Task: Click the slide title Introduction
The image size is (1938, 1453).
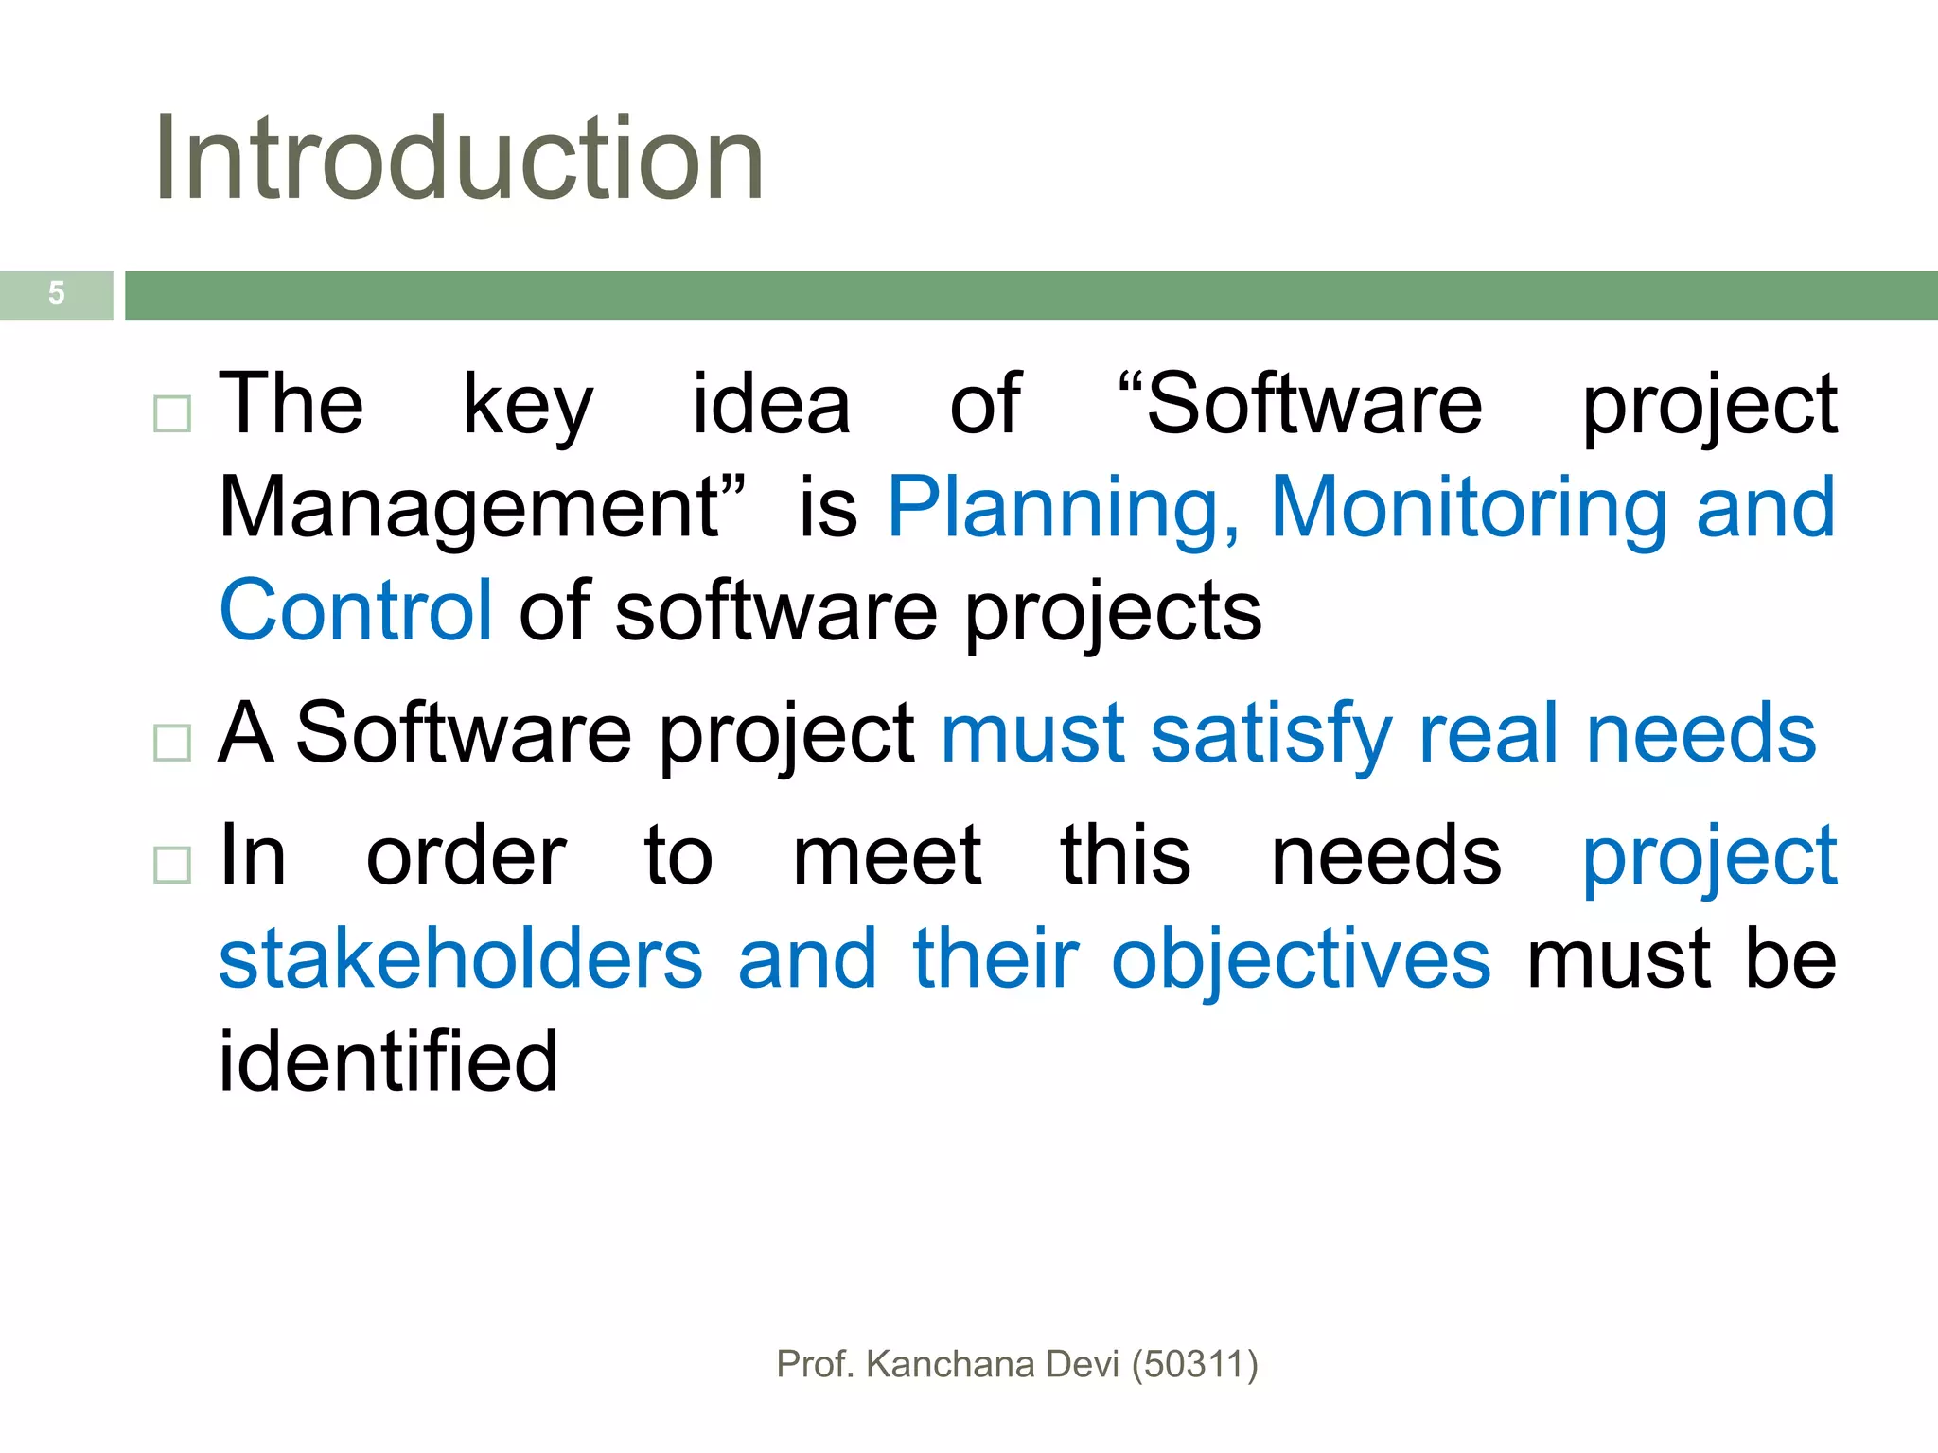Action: click(x=459, y=158)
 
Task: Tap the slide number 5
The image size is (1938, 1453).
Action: click(x=57, y=293)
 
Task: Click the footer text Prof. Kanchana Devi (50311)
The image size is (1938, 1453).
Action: click(x=1016, y=1364)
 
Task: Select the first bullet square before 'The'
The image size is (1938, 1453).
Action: click(x=172, y=413)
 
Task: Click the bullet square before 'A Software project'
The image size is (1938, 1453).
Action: click(x=172, y=743)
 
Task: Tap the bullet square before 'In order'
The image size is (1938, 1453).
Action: click(x=172, y=864)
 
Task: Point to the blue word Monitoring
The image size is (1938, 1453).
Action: click(x=1470, y=509)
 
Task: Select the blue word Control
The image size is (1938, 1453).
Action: click(x=356, y=611)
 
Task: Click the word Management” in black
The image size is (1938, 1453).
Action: click(x=483, y=509)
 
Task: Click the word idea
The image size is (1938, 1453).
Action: click(x=771, y=405)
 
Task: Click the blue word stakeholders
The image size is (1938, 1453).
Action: click(x=461, y=959)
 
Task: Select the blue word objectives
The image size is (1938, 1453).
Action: click(x=1300, y=961)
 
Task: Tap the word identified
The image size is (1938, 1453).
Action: click(x=388, y=1061)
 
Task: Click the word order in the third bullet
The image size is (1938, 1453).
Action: click(x=467, y=857)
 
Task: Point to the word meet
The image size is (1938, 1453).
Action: click(x=887, y=857)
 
